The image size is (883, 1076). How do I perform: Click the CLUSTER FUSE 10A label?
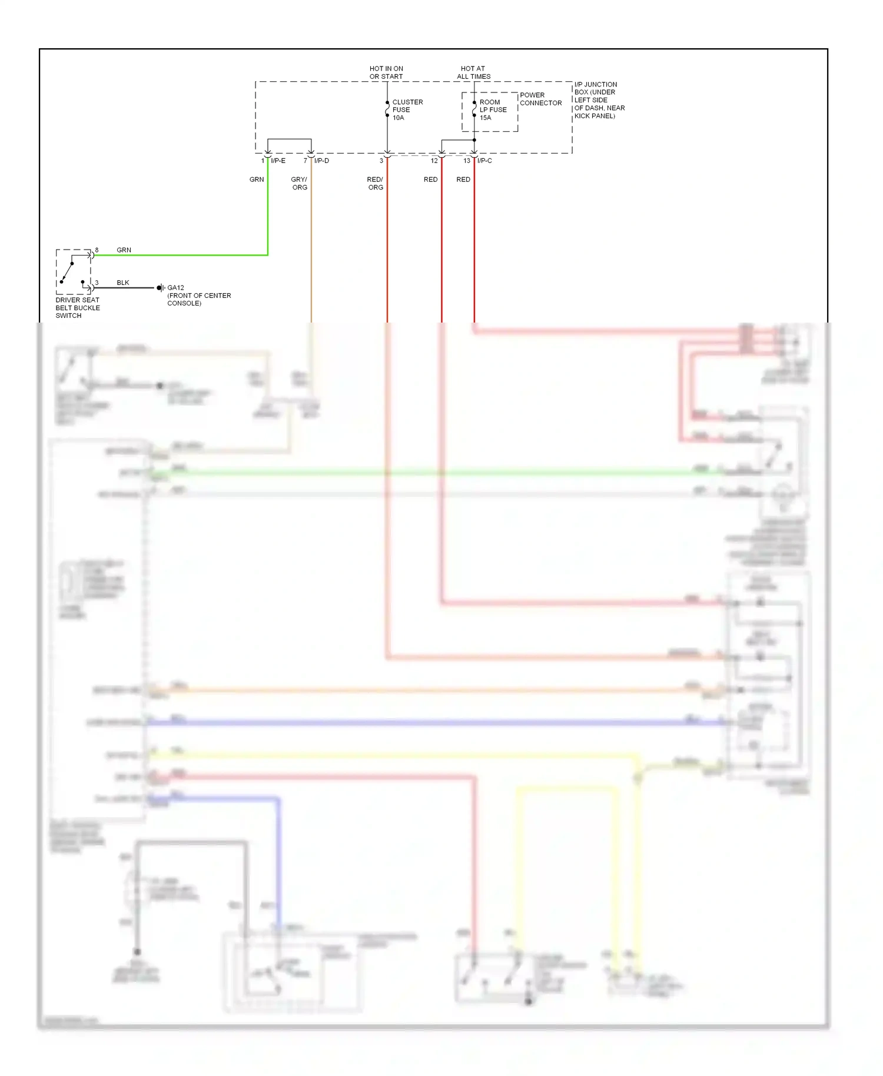407,110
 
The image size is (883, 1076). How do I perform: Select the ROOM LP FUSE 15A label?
492,110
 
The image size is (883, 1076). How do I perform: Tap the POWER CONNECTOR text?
540,99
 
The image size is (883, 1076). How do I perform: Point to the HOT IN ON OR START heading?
386,72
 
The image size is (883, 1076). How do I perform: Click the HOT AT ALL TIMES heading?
473,72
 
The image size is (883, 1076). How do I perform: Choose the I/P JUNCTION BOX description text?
599,100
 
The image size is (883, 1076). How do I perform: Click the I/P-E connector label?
278,161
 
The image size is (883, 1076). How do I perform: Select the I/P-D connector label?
321,161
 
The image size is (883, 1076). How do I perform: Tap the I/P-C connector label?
484,161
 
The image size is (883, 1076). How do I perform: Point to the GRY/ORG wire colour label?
299,183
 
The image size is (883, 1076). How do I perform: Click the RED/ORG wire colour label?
375,183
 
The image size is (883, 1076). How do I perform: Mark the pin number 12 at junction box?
434,161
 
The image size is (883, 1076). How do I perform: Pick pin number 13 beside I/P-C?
466,161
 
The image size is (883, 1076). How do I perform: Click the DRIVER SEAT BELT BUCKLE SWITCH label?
77,308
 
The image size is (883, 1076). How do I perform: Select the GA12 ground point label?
175,288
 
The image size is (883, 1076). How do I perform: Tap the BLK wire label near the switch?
122,283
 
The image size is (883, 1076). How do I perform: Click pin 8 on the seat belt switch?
97,250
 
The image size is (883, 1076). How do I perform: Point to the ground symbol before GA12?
160,288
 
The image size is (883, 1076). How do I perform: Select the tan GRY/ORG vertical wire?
311,247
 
